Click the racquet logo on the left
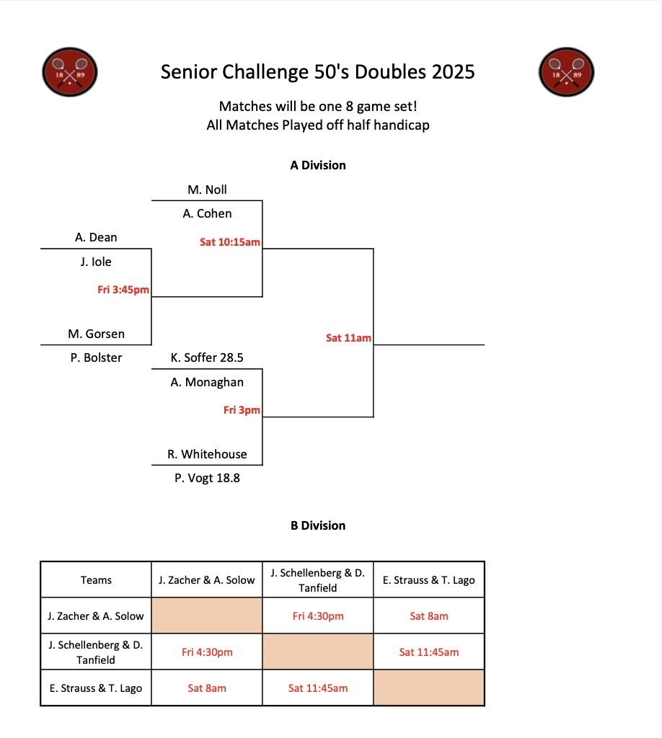tap(70, 72)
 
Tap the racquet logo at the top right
tap(566, 72)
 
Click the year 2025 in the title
tap(453, 72)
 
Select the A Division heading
tap(318, 165)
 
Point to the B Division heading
tap(318, 525)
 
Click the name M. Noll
tap(207, 190)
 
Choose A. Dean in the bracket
tap(96, 237)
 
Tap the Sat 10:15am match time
tap(229, 242)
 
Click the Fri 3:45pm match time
tap(123, 290)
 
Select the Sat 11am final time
tap(348, 337)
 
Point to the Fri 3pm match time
tap(242, 410)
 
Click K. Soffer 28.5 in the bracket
tap(207, 357)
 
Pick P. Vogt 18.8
tap(207, 477)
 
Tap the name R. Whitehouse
tap(207, 454)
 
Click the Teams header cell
tap(96, 579)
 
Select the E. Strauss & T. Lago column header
tap(428, 579)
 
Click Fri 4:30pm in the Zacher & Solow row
tap(318, 616)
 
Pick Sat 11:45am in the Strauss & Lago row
tap(318, 688)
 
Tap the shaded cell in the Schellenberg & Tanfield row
tap(318, 652)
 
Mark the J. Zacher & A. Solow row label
tap(96, 616)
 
